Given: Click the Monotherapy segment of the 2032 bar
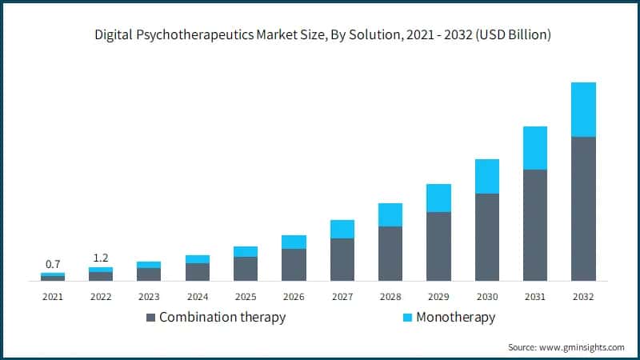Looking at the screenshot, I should coord(583,110).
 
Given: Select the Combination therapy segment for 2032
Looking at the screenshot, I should coord(583,209).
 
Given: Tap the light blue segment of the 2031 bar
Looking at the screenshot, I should coord(534,148).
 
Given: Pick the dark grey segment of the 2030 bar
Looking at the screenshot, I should coord(486,237).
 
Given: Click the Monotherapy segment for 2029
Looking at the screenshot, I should coord(438,198).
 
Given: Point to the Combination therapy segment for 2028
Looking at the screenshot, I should coord(390,254).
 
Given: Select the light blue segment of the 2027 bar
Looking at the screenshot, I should coord(342,229).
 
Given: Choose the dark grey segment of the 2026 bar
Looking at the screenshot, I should coord(294,265).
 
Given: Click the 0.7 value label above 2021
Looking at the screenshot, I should coord(53,264).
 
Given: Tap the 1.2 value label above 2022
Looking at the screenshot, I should coord(101,258).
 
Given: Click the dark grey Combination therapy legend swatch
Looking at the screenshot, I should coord(150,318).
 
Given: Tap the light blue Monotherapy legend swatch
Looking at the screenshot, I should coord(406,318).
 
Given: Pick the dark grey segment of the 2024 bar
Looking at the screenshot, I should coord(197,272).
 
